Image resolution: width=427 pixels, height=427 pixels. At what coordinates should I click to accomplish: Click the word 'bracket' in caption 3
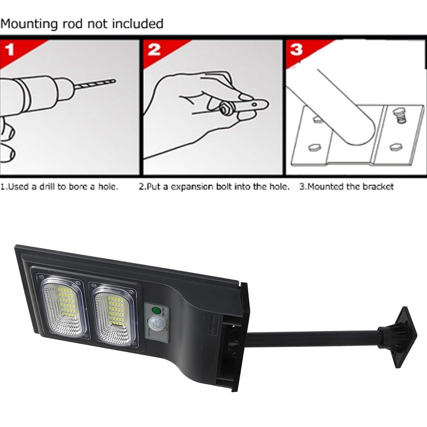[377, 187]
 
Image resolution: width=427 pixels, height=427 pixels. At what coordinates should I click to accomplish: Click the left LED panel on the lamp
[62, 310]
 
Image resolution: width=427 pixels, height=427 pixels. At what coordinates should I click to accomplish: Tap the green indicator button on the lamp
[156, 310]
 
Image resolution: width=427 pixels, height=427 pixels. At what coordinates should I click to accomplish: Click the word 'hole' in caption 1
[109, 187]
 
